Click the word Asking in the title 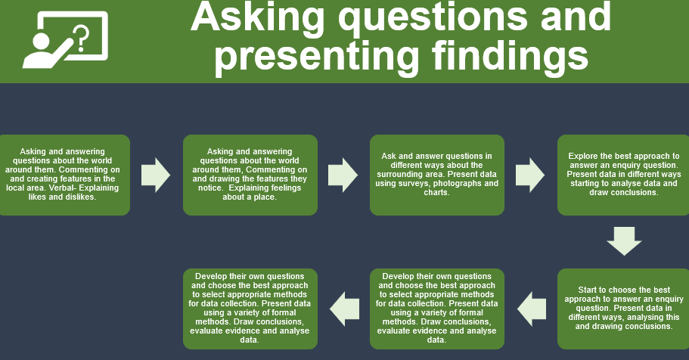pos(257,17)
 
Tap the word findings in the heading pos(510,57)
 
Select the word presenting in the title pos(317,58)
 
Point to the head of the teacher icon pos(40,42)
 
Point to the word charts pos(437,193)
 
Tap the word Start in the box pos(588,290)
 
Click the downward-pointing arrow pos(624,241)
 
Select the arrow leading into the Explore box pos(530,175)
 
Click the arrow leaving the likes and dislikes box pos(156,175)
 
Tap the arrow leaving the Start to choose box pos(532,309)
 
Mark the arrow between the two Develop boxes pos(345,309)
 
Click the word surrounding pos(398,174)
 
